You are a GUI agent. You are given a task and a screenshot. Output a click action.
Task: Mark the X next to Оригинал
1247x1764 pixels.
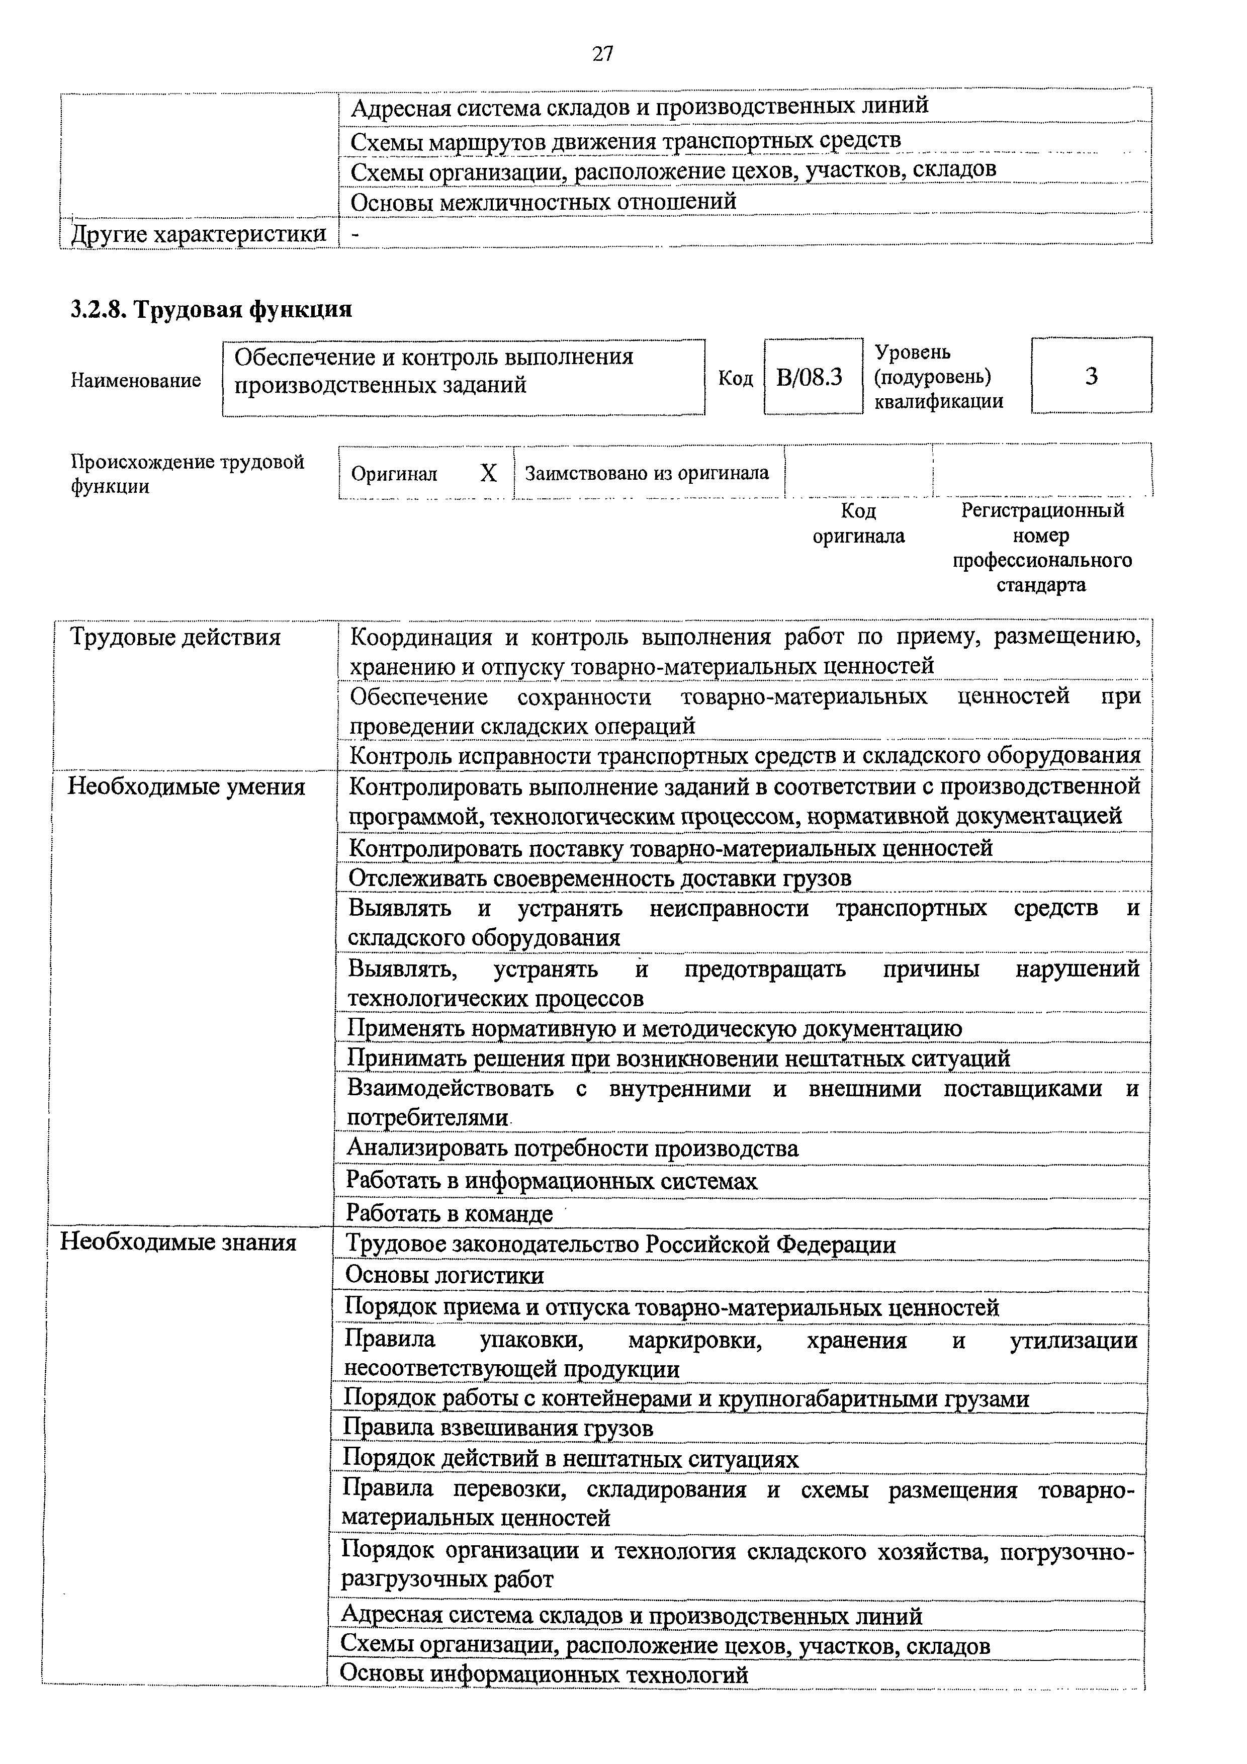[489, 473]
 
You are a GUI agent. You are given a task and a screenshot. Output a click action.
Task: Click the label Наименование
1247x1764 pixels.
[136, 380]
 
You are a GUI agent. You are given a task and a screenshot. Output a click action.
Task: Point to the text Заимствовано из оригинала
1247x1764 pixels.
[647, 473]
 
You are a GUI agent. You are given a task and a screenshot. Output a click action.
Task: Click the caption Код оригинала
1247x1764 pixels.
[858, 523]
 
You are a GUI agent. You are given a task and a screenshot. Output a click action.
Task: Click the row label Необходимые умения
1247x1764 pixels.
[187, 787]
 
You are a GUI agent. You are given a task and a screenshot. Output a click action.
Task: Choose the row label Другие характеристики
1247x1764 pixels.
[198, 233]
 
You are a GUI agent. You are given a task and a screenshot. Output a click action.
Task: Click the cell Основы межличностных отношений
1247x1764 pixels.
[543, 201]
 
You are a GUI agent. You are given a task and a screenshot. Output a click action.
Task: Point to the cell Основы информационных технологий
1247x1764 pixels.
[544, 1674]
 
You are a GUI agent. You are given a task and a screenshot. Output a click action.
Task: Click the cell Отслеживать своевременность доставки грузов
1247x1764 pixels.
[600, 877]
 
